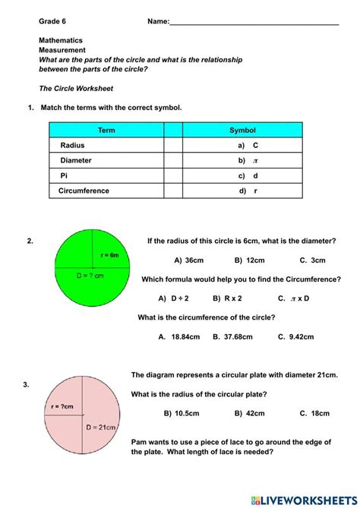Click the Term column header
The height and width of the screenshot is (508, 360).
tap(106, 131)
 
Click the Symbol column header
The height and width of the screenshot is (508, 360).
tap(242, 131)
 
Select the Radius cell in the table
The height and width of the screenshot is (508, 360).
tap(73, 145)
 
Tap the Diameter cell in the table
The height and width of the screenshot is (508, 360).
tap(76, 160)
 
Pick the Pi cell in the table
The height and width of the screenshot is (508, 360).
tap(64, 175)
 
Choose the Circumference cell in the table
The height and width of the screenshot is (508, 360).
tap(84, 191)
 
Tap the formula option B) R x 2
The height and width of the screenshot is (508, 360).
tap(227, 298)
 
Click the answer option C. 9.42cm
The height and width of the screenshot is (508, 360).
tap(295, 336)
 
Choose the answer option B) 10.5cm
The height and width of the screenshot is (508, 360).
tap(182, 413)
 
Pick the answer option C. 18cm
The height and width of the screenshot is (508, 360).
tap(314, 413)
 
